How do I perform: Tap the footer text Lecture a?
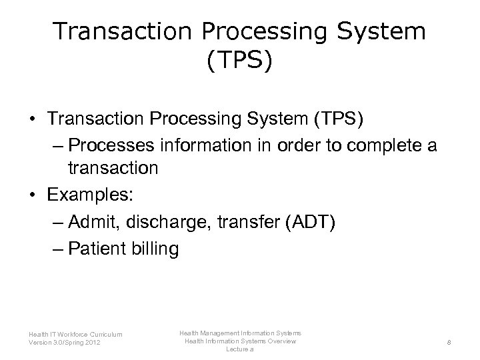point(240,349)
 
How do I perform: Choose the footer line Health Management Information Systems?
point(240,332)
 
